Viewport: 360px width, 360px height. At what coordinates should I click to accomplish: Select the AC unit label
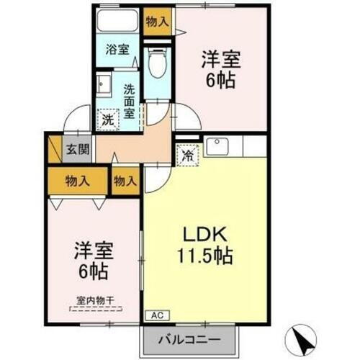[157, 314]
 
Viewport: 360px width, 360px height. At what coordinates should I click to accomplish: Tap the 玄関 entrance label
[78, 150]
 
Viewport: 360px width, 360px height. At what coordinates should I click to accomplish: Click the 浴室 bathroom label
[117, 50]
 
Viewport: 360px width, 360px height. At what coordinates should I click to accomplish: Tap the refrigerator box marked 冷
[187, 154]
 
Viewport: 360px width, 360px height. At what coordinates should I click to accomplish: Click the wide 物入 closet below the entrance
[78, 180]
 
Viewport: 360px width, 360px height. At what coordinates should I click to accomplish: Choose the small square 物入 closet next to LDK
[125, 180]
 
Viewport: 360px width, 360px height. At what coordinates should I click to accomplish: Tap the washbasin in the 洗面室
[103, 84]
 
